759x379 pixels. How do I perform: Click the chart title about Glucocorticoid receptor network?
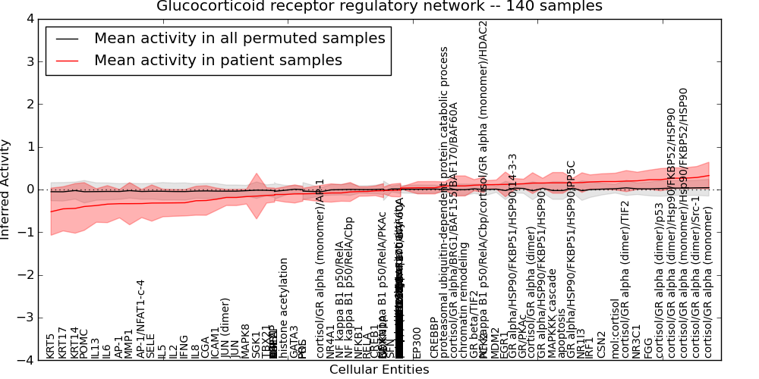click(379, 7)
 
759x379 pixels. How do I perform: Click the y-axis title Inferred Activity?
click(7, 189)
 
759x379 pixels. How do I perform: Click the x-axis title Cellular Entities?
click(379, 370)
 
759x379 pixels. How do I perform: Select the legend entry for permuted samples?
click(239, 39)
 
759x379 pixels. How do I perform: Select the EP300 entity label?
click(416, 343)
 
